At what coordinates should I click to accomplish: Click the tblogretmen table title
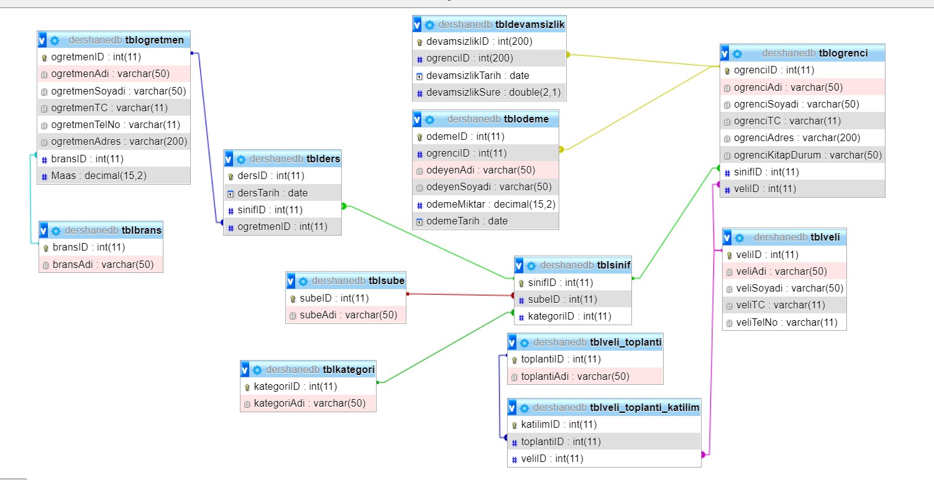point(154,40)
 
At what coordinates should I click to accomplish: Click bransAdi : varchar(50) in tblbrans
point(103,264)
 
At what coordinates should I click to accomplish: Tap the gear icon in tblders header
point(241,159)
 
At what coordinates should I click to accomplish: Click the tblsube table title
point(387,281)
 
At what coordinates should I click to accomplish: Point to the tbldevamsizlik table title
point(529,24)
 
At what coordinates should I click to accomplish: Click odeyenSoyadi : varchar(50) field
point(488,187)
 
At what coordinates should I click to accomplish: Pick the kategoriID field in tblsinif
point(569,316)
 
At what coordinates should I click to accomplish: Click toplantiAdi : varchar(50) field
point(575,376)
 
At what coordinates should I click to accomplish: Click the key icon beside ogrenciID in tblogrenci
point(727,70)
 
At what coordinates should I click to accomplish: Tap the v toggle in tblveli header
point(728,238)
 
